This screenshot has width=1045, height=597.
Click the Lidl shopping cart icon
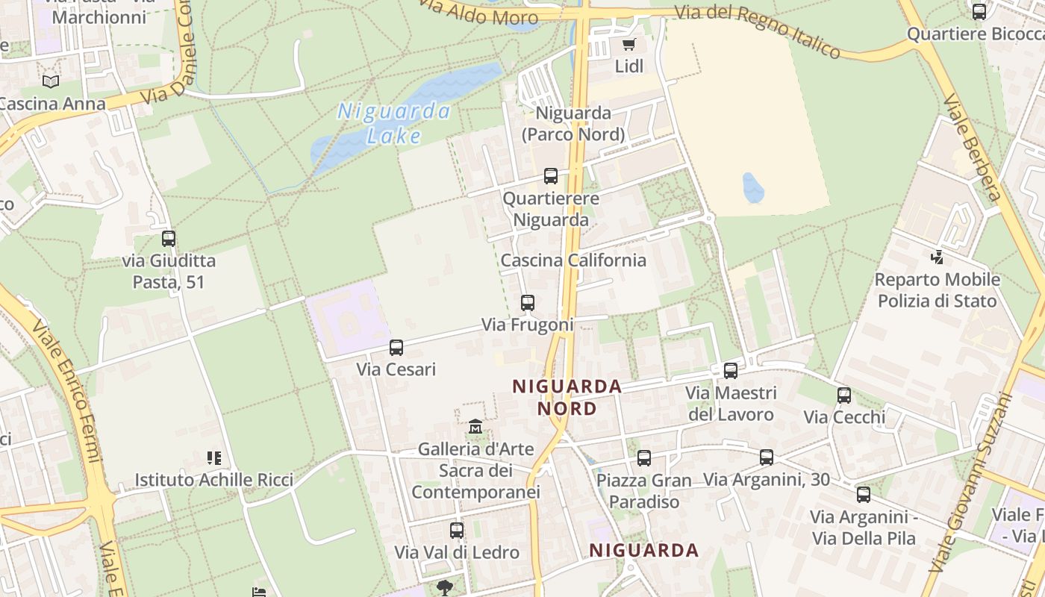(x=629, y=44)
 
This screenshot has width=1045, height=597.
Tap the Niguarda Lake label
(x=394, y=123)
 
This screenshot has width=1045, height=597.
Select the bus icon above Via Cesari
(x=396, y=348)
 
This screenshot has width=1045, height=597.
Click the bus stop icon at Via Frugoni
(x=528, y=303)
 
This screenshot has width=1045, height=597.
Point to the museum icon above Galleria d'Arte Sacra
(x=475, y=428)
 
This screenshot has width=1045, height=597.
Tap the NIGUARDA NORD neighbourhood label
(x=567, y=397)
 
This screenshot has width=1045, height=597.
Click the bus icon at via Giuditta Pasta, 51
(x=169, y=239)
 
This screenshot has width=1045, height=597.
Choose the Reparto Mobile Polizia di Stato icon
(x=937, y=257)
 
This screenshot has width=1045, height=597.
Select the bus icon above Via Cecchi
(x=844, y=396)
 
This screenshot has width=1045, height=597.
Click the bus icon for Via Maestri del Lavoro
(x=731, y=371)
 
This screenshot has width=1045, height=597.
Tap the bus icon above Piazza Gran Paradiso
(x=644, y=458)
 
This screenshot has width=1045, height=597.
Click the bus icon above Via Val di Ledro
(x=457, y=531)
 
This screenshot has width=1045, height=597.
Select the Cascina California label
(x=573, y=260)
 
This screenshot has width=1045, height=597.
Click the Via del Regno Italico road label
(x=758, y=31)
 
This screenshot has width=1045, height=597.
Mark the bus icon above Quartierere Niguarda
(x=551, y=176)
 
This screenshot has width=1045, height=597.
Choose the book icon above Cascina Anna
(x=51, y=81)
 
